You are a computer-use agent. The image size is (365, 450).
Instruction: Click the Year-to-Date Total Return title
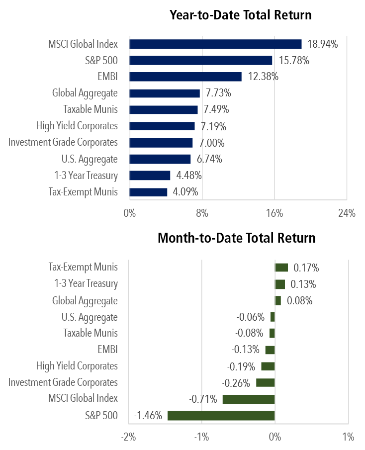point(241,15)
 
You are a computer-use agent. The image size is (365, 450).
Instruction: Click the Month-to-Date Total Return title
point(236,238)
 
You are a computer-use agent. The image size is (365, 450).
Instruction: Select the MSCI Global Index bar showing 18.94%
point(215,44)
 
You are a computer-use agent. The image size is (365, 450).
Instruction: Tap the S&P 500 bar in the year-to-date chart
point(201,61)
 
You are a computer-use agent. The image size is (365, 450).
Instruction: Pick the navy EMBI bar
point(185,77)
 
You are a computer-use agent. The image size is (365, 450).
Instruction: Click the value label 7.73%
point(218,93)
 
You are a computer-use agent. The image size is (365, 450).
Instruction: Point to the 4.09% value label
point(185,192)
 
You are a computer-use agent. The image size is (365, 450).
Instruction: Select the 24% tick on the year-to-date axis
point(347,214)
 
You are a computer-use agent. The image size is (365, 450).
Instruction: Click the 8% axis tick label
point(202,214)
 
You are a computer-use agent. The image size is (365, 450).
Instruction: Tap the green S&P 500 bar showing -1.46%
point(221,416)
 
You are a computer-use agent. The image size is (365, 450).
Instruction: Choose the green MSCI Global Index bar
point(249,399)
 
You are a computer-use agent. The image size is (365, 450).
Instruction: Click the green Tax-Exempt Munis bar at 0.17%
point(281,268)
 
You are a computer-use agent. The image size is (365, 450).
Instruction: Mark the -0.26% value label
point(236,383)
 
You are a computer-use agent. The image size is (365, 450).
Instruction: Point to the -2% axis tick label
point(128,437)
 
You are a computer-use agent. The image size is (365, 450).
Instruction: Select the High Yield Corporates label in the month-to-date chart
point(77,366)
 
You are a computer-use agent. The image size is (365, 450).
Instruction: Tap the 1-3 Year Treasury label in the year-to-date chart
point(86,176)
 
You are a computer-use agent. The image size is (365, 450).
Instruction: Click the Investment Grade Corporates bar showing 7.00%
point(161,143)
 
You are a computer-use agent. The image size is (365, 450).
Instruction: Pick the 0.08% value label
point(299,301)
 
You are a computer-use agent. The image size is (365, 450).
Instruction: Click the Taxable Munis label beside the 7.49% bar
point(91,110)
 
